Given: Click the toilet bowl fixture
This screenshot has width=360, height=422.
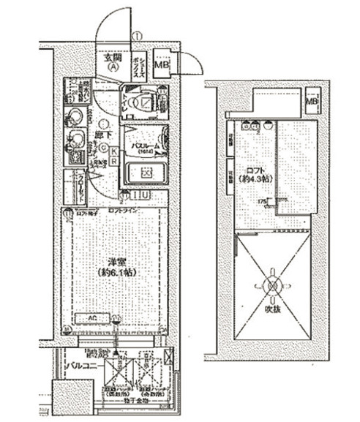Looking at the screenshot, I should pos(138,103).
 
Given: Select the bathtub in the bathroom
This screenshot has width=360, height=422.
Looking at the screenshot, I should pos(145,175).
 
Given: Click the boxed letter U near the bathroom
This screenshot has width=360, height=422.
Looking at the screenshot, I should pos(146,195).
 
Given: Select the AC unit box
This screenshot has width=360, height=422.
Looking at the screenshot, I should pos(94,318).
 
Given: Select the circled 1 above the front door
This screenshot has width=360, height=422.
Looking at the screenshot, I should pos(137,36).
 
